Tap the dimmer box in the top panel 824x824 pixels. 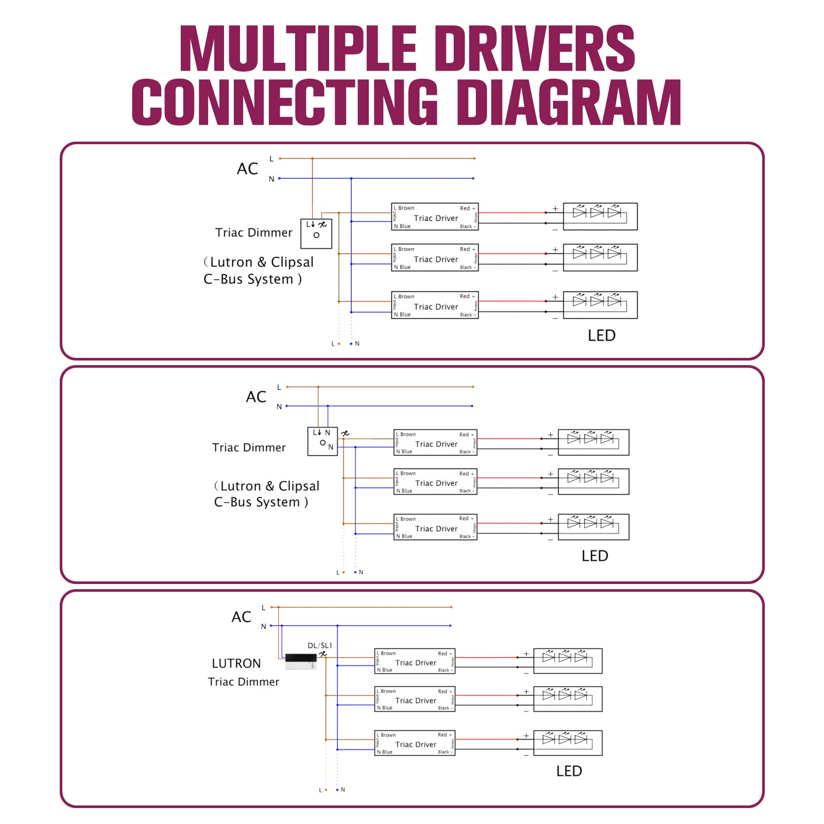click(316, 233)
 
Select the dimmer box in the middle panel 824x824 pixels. click(322, 441)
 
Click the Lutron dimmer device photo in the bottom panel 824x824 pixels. click(301, 661)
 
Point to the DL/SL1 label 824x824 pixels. click(319, 645)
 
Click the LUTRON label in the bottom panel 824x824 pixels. click(236, 663)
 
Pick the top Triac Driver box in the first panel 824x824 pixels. click(435, 217)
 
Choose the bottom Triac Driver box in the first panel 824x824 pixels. click(435, 305)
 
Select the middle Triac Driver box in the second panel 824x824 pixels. click(436, 482)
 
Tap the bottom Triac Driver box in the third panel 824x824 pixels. click(415, 743)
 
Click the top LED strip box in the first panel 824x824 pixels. click(600, 216)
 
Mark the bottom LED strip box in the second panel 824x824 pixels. click(593, 527)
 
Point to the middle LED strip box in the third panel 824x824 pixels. click(568, 699)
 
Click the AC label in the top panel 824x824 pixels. click(247, 169)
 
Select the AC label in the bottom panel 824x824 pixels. click(241, 617)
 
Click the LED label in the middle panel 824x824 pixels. click(595, 556)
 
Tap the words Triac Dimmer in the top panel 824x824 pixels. click(254, 233)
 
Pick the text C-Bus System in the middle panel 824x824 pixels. click(261, 502)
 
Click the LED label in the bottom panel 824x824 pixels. click(569, 771)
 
